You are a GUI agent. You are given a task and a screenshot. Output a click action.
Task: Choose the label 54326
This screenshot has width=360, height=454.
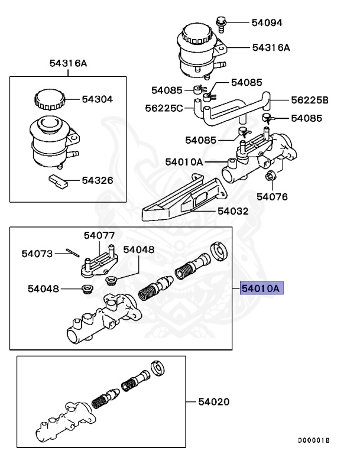pos(97,180)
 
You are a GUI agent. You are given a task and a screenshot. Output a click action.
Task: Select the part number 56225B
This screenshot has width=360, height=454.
pos(309,99)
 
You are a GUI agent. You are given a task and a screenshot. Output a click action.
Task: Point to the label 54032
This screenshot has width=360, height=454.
pos(232,210)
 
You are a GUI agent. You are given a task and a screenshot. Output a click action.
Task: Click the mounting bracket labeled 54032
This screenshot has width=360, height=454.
pos(177,204)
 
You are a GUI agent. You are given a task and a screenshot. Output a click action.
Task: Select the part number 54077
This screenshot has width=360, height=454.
pos(99,235)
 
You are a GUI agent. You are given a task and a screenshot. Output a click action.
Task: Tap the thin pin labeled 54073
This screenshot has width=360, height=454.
pos(72,253)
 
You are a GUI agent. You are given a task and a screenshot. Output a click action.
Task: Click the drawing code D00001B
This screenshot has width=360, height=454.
pos(313,441)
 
